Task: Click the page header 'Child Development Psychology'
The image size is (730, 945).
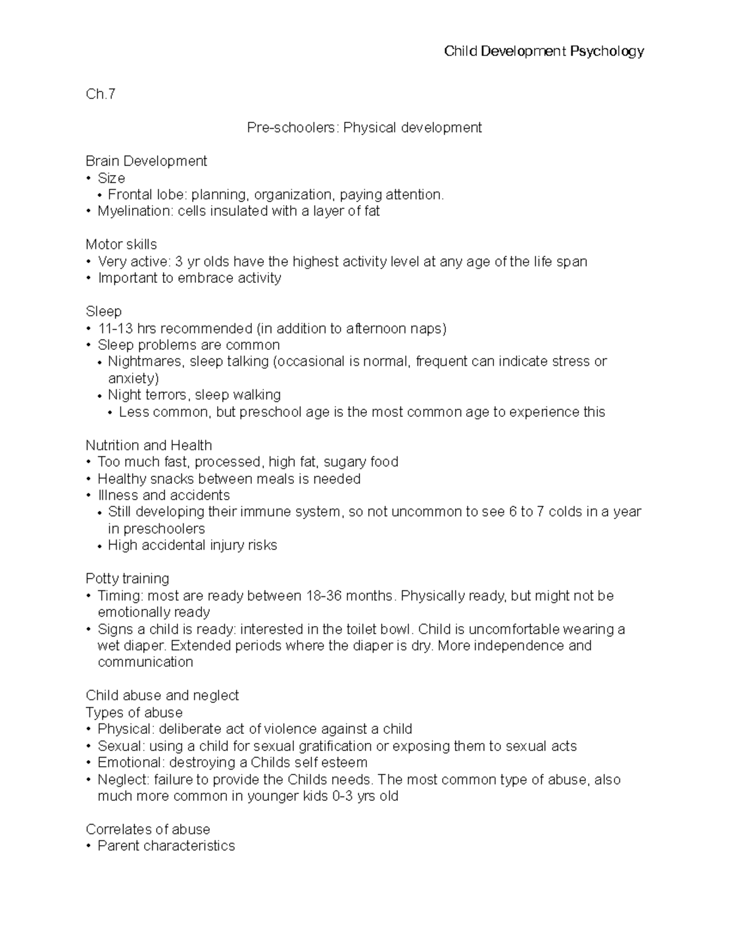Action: click(544, 51)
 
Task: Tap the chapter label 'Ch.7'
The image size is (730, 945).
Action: click(100, 94)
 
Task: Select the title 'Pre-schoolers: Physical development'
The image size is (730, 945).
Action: click(364, 128)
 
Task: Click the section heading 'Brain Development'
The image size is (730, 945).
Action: click(146, 161)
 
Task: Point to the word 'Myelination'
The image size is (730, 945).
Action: click(134, 211)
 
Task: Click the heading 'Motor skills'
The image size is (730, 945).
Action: click(121, 245)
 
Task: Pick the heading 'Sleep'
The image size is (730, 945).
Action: click(103, 312)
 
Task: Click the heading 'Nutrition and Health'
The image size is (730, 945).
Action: click(148, 445)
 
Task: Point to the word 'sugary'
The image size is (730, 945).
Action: click(344, 462)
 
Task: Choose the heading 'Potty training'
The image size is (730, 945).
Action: click(127, 579)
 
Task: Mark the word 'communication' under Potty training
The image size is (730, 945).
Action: click(145, 662)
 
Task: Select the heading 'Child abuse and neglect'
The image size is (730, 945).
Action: click(162, 696)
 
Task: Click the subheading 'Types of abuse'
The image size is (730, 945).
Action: click(134, 713)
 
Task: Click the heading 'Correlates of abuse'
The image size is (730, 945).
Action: click(148, 829)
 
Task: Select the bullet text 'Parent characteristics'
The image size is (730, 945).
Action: click(166, 846)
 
